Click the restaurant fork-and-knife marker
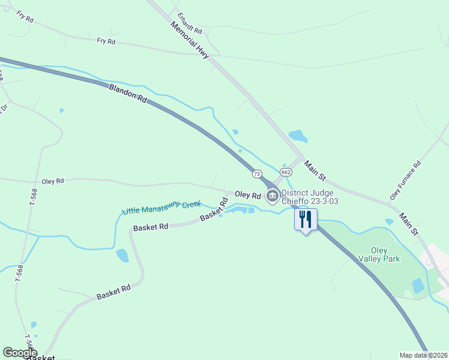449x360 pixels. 306,220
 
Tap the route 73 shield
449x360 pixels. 258,173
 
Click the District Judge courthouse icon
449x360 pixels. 272,195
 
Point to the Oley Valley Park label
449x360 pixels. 379,254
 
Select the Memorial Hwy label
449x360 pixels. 189,40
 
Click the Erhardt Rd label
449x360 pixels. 189,22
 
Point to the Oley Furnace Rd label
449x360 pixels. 406,180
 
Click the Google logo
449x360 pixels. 20,353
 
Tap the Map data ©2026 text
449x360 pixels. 423,355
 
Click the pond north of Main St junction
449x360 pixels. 298,136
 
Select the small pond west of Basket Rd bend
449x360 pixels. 122,256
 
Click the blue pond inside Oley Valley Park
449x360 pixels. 418,286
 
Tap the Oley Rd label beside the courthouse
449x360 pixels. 247,195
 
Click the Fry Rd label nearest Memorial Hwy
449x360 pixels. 106,41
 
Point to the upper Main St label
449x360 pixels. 314,170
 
